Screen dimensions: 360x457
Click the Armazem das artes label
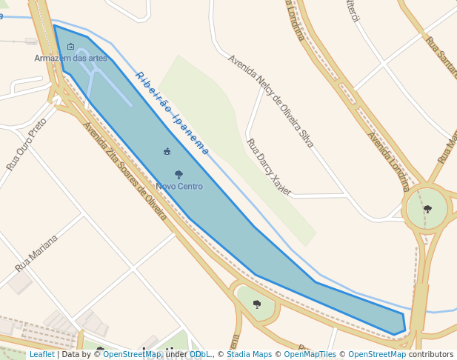pyautogui.click(x=70, y=58)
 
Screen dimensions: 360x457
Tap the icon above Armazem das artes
pyautogui.click(x=70, y=47)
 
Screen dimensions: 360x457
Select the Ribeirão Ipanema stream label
pyautogui.click(x=172, y=113)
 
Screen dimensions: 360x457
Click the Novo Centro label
pyautogui.click(x=179, y=187)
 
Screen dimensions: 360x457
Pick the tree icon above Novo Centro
pyautogui.click(x=179, y=175)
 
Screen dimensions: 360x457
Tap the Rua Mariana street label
pyautogui.click(x=36, y=253)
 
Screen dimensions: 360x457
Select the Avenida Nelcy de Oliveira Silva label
pyautogui.click(x=271, y=101)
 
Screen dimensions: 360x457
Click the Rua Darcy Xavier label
pyautogui.click(x=269, y=167)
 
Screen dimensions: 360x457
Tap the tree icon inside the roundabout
pyautogui.click(x=427, y=209)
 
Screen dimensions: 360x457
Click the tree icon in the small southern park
pyautogui.click(x=257, y=304)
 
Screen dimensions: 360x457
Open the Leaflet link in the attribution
pyautogui.click(x=41, y=355)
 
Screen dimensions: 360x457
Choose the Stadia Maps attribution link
pyautogui.click(x=249, y=355)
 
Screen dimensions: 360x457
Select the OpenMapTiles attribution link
pyautogui.click(x=310, y=355)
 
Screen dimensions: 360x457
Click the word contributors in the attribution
pyautogui.click(x=431, y=355)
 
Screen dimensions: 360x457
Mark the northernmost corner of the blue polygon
pyautogui.click(x=54, y=25)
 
